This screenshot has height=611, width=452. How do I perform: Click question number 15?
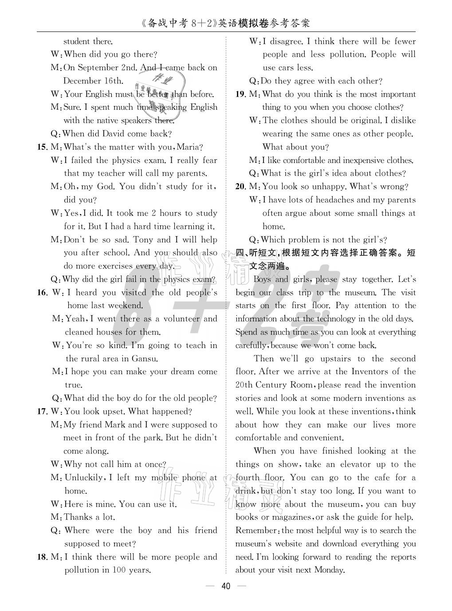(x=42, y=147)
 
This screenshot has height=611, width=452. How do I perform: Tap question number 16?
(x=42, y=292)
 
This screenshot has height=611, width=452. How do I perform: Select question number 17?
(x=42, y=411)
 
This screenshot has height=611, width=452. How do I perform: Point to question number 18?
(x=42, y=557)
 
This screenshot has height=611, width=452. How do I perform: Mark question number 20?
(x=240, y=186)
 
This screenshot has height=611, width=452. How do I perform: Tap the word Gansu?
(x=144, y=359)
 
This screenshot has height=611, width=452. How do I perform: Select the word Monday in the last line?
(x=329, y=570)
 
